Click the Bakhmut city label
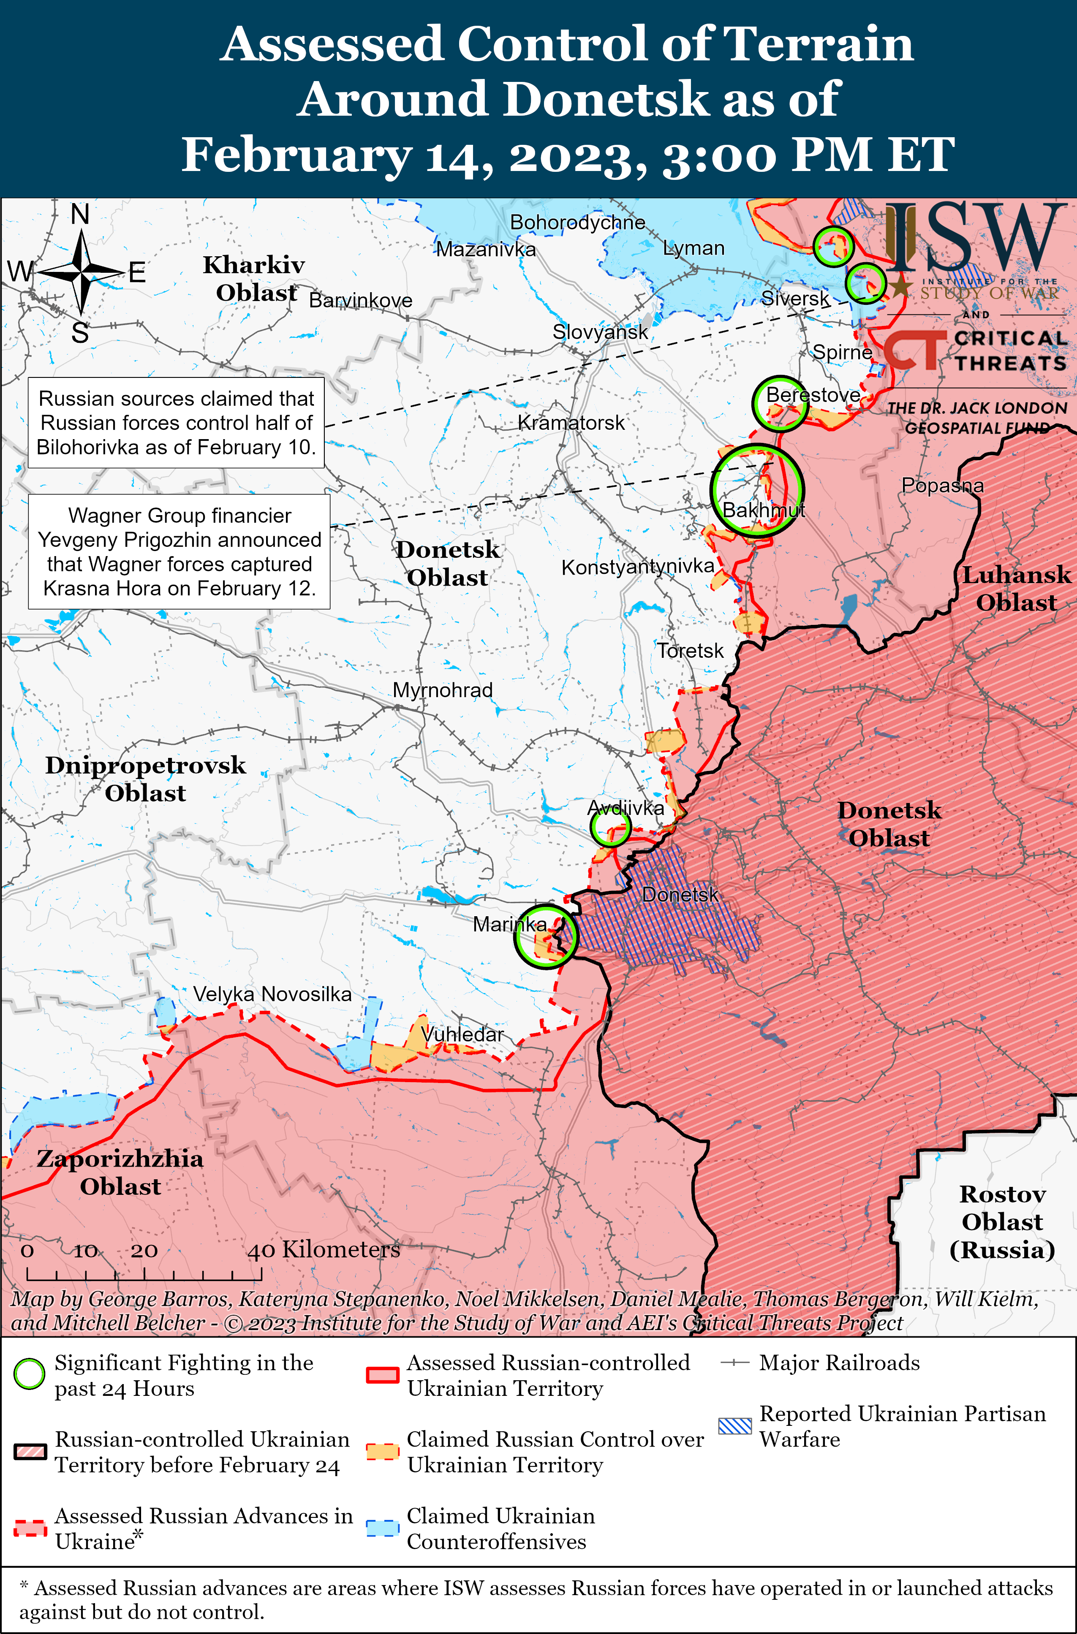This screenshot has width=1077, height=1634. point(763,510)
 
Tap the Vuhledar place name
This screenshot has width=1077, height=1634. point(462,1034)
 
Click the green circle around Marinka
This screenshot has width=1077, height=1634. point(546,936)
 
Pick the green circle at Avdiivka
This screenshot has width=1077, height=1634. point(610,827)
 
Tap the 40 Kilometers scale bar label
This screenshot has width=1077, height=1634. point(324,1249)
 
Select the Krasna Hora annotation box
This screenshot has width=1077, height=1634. point(179,551)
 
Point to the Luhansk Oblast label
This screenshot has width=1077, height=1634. point(1016,589)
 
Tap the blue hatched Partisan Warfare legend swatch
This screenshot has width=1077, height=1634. point(735,1426)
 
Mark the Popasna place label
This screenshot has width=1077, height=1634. point(942,486)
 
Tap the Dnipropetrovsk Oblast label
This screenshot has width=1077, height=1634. point(146,779)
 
